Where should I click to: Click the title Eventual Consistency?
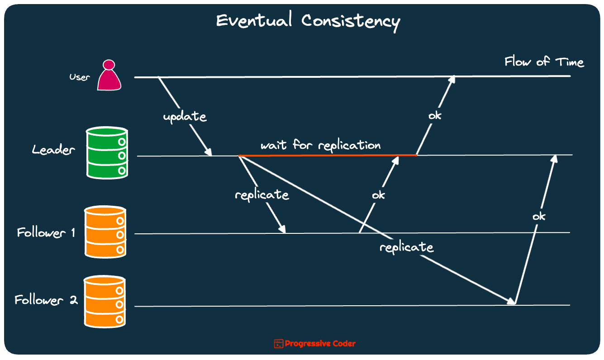click(308, 21)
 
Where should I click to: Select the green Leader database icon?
click(107, 152)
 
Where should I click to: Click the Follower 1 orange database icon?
click(105, 232)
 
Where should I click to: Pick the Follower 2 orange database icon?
click(105, 301)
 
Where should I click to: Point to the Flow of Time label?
click(544, 62)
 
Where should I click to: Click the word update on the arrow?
click(185, 116)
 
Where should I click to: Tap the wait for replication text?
click(320, 145)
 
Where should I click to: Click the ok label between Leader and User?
click(435, 115)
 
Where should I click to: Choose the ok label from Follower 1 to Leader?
click(378, 195)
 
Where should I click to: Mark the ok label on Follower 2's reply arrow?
click(539, 216)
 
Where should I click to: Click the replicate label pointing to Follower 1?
click(262, 195)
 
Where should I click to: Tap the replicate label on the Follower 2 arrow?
click(406, 247)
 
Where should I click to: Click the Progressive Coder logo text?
click(320, 344)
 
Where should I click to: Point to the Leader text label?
click(53, 150)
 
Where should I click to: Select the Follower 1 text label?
click(46, 232)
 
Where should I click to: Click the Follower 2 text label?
click(46, 300)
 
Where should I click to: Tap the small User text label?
click(80, 77)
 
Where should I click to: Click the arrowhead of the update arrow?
click(209, 152)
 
